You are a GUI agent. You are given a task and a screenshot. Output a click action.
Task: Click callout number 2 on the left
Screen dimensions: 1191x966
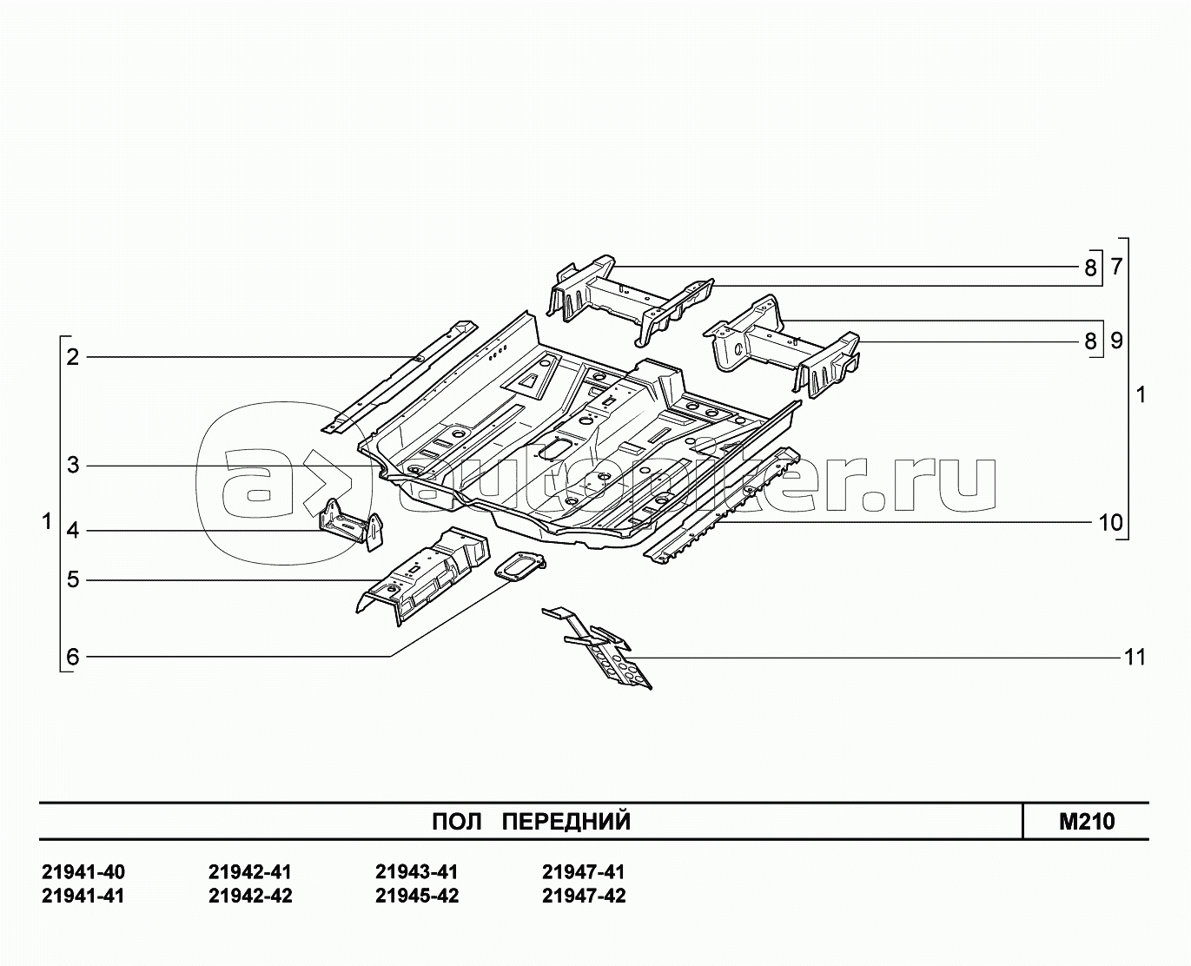(x=73, y=357)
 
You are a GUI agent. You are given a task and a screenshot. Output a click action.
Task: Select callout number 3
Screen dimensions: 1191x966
(x=73, y=465)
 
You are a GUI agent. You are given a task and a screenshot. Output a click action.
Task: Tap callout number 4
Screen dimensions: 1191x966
(x=73, y=531)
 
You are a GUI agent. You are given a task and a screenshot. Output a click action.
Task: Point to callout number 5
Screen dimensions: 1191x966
(x=73, y=580)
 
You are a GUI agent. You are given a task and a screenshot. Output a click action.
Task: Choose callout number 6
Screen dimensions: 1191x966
(x=73, y=657)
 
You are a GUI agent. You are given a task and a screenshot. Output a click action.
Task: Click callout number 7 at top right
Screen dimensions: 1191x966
(x=1116, y=268)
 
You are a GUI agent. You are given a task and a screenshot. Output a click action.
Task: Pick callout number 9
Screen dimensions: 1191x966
(x=1116, y=341)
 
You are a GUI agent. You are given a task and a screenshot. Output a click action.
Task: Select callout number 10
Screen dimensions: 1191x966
(x=1110, y=523)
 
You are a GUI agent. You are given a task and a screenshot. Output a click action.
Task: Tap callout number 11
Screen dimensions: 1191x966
(x=1135, y=658)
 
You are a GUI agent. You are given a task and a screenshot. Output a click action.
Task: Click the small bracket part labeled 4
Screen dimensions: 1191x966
(x=351, y=525)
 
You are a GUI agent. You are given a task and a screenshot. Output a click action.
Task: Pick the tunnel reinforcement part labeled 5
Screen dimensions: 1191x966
(x=423, y=575)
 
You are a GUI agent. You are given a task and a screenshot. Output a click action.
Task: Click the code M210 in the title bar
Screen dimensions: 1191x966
(x=1087, y=822)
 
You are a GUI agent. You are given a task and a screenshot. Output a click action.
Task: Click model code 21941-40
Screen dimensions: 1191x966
(x=83, y=872)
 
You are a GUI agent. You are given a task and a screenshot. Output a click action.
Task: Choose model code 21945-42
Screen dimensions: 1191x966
(x=417, y=897)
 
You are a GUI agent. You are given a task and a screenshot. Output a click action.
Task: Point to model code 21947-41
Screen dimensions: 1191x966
(x=583, y=872)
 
